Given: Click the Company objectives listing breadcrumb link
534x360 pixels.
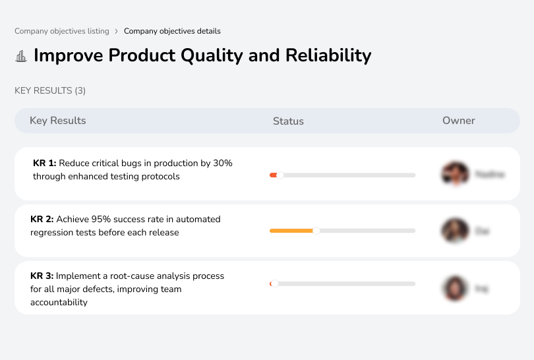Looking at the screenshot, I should click(62, 31).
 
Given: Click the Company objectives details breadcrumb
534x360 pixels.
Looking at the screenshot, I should click(172, 31).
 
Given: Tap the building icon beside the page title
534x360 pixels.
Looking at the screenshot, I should click(21, 56).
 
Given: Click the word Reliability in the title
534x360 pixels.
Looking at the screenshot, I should click(328, 55).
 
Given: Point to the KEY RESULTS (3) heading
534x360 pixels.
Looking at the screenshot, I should click(50, 90).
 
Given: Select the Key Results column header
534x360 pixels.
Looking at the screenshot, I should click(58, 121).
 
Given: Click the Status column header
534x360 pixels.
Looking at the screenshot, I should click(288, 121).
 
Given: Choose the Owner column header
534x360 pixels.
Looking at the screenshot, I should click(459, 121).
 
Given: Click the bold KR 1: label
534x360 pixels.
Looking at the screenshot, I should click(45, 163).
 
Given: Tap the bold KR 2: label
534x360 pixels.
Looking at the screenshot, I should click(42, 219).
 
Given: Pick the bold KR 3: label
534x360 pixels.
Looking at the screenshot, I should click(42, 276).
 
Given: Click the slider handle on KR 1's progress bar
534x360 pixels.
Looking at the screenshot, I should click(280, 175).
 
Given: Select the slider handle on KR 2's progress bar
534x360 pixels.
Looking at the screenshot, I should click(316, 231).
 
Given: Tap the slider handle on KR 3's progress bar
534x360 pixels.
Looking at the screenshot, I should click(274, 284).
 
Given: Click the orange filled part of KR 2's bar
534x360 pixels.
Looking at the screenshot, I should click(291, 231).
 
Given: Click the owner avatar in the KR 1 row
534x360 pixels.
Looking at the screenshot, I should click(455, 174).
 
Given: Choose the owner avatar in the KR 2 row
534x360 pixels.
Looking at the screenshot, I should click(455, 231).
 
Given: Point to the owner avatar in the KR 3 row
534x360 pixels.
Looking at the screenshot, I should click(455, 288).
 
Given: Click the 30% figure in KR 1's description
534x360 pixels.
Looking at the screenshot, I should click(222, 163).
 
